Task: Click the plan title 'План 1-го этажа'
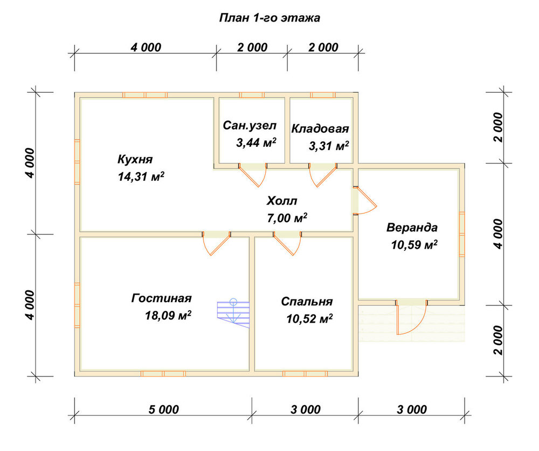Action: (x=269, y=18)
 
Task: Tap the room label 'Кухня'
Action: (x=135, y=159)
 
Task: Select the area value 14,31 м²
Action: (x=141, y=176)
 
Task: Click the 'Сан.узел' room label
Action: (x=250, y=126)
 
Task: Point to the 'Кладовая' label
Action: (x=320, y=128)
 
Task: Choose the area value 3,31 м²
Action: (x=329, y=146)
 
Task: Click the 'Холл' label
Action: (x=282, y=201)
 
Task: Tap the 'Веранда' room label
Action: (x=412, y=228)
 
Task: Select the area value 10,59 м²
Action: (x=414, y=244)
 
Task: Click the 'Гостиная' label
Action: (x=162, y=298)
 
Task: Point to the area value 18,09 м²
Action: (x=168, y=315)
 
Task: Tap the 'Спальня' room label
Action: (x=307, y=302)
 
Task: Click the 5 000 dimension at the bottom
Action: (x=164, y=409)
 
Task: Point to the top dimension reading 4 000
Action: (x=146, y=47)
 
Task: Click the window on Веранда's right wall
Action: (x=462, y=234)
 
